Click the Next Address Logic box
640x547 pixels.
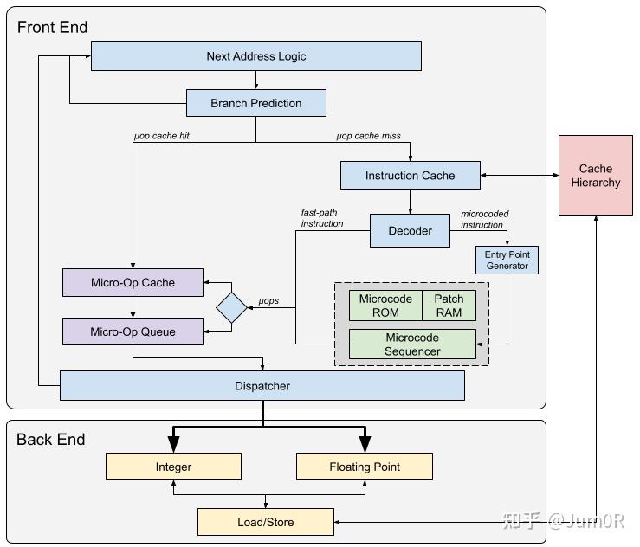click(256, 56)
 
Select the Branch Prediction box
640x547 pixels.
click(256, 103)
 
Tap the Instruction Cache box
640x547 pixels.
click(410, 176)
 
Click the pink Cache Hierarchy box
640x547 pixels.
click(596, 176)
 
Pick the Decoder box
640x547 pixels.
click(411, 231)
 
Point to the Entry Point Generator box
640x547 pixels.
click(507, 261)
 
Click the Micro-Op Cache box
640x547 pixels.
click(133, 282)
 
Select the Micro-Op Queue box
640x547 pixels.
click(133, 331)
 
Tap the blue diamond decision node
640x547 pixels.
click(232, 307)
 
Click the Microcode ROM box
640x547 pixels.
click(385, 306)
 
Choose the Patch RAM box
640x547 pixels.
click(449, 306)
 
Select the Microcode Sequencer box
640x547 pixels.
click(412, 344)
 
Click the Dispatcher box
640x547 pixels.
click(262, 386)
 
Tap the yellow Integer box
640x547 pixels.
click(173, 467)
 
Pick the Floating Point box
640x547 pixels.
click(364, 467)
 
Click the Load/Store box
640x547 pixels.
click(265, 522)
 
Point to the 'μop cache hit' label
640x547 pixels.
click(162, 136)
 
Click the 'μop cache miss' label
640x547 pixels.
click(368, 136)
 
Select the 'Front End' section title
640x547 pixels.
click(52, 27)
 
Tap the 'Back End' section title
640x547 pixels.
click(50, 440)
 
